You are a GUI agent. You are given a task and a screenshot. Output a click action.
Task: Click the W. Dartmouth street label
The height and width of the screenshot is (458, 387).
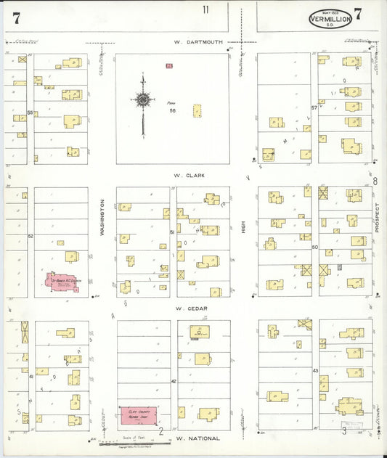coord(198,42)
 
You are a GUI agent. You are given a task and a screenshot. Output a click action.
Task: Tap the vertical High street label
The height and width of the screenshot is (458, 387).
coord(245,227)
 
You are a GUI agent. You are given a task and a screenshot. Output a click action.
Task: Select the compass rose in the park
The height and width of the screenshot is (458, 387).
coord(143,100)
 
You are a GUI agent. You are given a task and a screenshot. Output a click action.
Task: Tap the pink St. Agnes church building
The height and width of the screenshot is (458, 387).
coord(63,282)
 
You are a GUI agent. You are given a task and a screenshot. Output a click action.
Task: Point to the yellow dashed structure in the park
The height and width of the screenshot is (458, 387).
coord(197,110)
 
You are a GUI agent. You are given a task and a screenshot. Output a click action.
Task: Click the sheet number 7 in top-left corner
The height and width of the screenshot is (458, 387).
coord(16,17)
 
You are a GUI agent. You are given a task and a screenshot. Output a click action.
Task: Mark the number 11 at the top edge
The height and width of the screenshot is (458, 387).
coord(206,9)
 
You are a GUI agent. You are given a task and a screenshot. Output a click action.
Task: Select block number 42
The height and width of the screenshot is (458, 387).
coord(174,380)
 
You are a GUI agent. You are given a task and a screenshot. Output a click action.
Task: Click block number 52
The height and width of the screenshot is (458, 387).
coord(30,236)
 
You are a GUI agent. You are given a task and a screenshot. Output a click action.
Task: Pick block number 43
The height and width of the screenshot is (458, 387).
coord(315,371)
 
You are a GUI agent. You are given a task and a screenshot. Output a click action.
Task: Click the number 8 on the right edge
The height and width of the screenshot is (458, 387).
coord(375,181)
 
